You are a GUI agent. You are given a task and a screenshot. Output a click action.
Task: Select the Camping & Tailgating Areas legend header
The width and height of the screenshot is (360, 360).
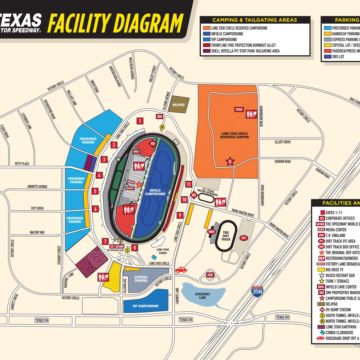[x=258, y=20]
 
